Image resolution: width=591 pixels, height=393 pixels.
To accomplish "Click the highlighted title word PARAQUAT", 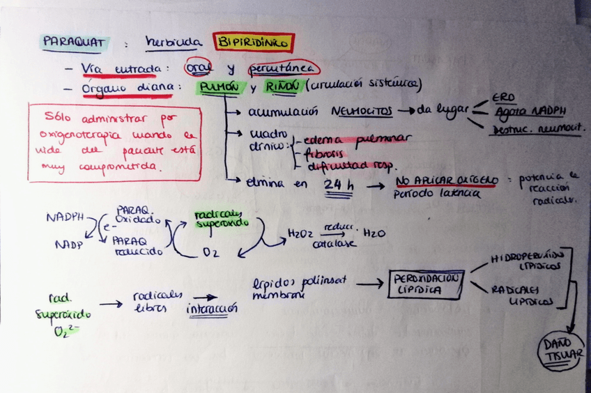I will coord(73,43).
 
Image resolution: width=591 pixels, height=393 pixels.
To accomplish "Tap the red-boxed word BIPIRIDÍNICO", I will coord(254,43).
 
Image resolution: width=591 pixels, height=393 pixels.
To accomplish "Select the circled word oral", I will coord(199,68).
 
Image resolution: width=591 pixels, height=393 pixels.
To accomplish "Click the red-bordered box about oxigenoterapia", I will coord(114,142).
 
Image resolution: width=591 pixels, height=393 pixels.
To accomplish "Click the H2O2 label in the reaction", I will coord(300,234).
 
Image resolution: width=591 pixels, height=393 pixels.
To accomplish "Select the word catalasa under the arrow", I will coord(335,244).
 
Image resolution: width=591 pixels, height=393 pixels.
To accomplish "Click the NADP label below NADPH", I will coord(69,245).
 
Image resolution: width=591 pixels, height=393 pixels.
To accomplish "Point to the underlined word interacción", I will coord(211,308).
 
